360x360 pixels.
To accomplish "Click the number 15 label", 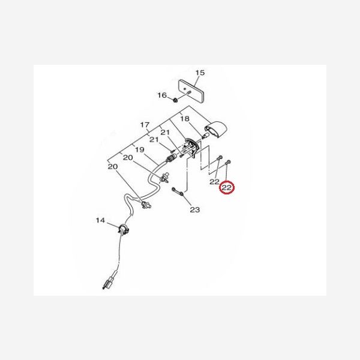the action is (200, 73).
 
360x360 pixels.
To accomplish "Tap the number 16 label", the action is (162, 95).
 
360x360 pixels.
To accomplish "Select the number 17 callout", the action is (145, 125).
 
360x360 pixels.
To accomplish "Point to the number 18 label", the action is (185, 119).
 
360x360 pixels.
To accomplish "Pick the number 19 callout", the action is (140, 149).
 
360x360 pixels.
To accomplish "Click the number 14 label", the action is (100, 220).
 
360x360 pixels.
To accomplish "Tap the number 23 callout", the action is (194, 209).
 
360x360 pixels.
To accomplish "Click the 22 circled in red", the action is (227, 188).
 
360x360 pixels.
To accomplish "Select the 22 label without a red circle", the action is (214, 182).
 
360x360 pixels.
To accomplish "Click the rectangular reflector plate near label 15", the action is (191, 91).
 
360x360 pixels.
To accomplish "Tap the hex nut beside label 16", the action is (175, 100).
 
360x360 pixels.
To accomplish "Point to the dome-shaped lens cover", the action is (216, 129).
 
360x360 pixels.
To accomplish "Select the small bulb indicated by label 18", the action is (205, 136).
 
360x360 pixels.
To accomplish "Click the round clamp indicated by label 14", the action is (123, 229).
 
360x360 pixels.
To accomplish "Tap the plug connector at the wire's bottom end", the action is (109, 283).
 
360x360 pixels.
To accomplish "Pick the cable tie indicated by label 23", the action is (178, 191).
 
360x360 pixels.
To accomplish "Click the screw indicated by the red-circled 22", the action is (228, 163).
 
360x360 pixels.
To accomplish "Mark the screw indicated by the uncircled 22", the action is (219, 158).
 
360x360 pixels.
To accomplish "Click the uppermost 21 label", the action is (165, 133).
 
